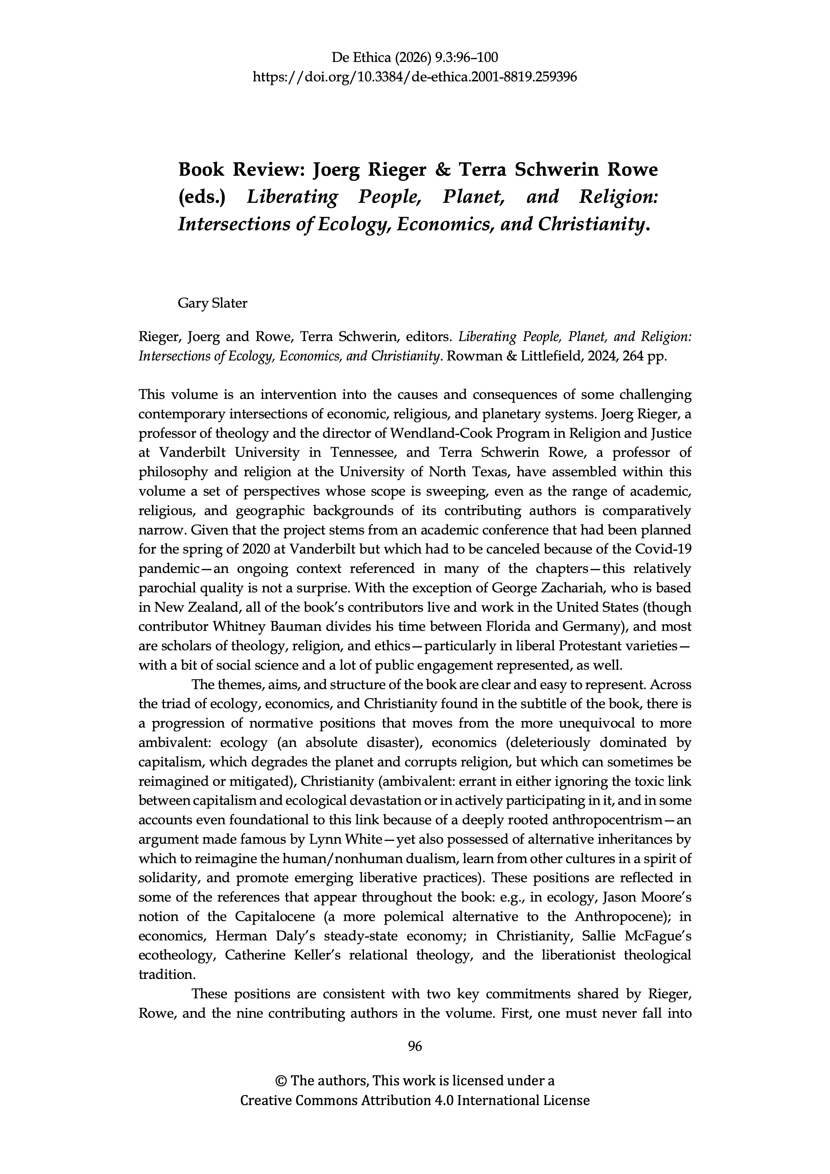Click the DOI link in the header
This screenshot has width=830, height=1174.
415,77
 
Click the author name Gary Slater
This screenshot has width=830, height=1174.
212,303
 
